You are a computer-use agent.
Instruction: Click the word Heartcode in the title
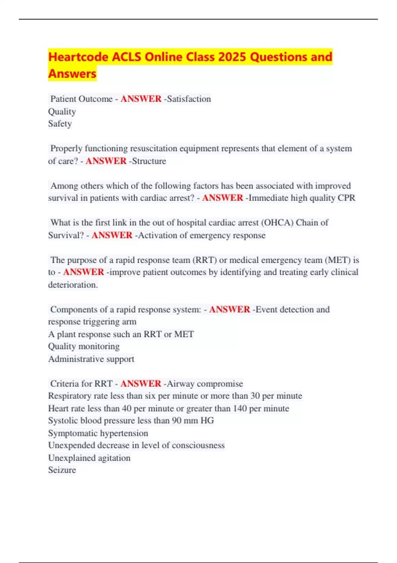click(x=78, y=57)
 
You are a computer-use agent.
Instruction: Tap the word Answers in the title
click(x=72, y=74)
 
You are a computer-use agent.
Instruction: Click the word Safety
click(x=60, y=124)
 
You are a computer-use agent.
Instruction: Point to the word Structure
click(x=149, y=161)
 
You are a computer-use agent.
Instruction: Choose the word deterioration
click(x=73, y=285)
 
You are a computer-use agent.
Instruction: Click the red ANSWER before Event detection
click(x=229, y=309)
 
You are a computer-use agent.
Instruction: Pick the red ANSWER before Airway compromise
click(x=141, y=384)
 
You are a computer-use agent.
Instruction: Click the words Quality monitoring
click(x=84, y=346)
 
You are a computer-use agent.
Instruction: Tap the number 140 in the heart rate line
click(x=240, y=408)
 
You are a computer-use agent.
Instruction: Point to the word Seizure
click(x=62, y=470)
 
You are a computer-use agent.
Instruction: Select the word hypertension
click(x=124, y=433)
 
